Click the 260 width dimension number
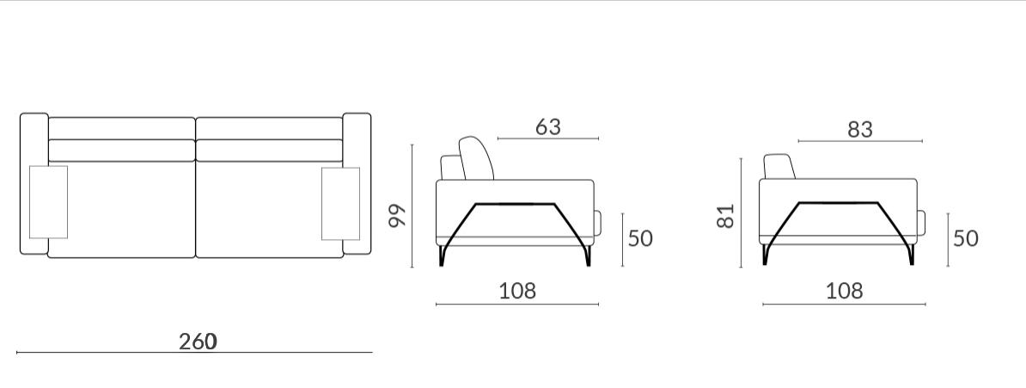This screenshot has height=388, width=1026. click(x=198, y=342)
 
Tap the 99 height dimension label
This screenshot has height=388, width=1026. click(x=397, y=216)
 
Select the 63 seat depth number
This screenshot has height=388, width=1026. click(x=547, y=127)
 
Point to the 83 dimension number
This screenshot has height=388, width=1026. click(x=860, y=130)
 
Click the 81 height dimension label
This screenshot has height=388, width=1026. click(x=725, y=216)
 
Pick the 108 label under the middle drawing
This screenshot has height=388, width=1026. click(x=517, y=290)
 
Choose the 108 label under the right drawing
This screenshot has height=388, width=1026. click(x=845, y=290)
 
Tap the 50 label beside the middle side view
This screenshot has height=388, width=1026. click(x=640, y=238)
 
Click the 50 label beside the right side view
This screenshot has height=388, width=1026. click(x=966, y=238)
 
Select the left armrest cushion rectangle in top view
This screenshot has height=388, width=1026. click(x=48, y=202)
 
